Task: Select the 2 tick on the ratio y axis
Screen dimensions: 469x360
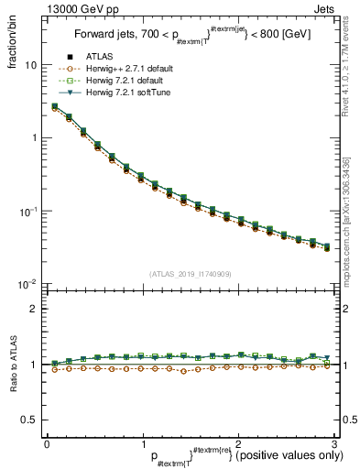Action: [x=35, y=309]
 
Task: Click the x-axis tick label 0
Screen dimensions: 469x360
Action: [x=47, y=443]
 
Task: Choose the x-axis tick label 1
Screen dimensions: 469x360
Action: [x=142, y=443]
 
